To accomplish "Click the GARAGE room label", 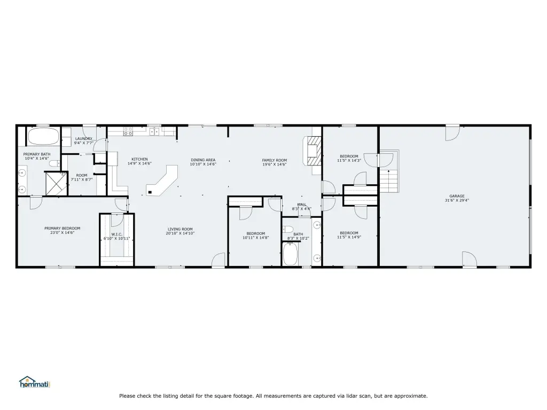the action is click(457, 196).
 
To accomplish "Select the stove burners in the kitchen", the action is click(128, 131).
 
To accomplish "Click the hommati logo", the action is click(35, 382).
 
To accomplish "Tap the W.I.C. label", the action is click(116, 234).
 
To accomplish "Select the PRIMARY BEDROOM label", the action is click(62, 228).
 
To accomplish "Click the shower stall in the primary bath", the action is click(56, 184).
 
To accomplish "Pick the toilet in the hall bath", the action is click(288, 230).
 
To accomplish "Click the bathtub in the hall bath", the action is click(290, 254).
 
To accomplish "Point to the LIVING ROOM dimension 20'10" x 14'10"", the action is click(180, 233).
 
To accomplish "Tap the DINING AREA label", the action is click(203, 160).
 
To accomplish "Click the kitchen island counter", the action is click(162, 180).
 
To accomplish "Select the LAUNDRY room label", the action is click(84, 138).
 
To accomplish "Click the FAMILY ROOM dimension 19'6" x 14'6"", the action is click(275, 164).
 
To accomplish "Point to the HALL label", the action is click(302, 204).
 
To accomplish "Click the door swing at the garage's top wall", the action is click(453, 133).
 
